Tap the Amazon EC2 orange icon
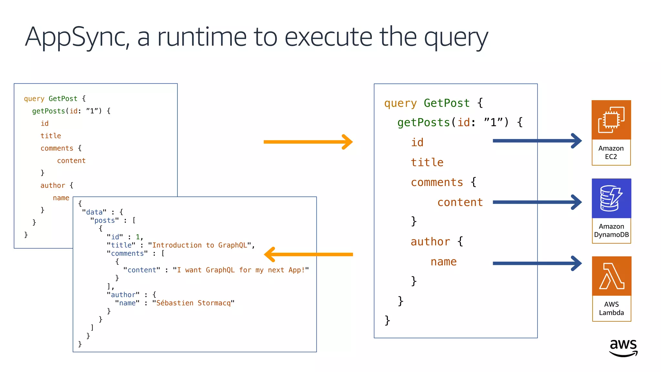[x=611, y=120]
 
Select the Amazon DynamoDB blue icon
[x=611, y=198]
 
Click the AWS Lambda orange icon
[x=611, y=276]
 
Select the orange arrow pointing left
[x=308, y=254]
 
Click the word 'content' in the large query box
[x=460, y=202]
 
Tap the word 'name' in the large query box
[x=443, y=262]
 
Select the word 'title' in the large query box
[x=427, y=162]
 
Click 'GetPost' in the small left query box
[x=63, y=99]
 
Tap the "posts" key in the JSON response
[x=104, y=221]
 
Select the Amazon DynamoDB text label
[x=611, y=231]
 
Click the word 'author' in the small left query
[x=53, y=186]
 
